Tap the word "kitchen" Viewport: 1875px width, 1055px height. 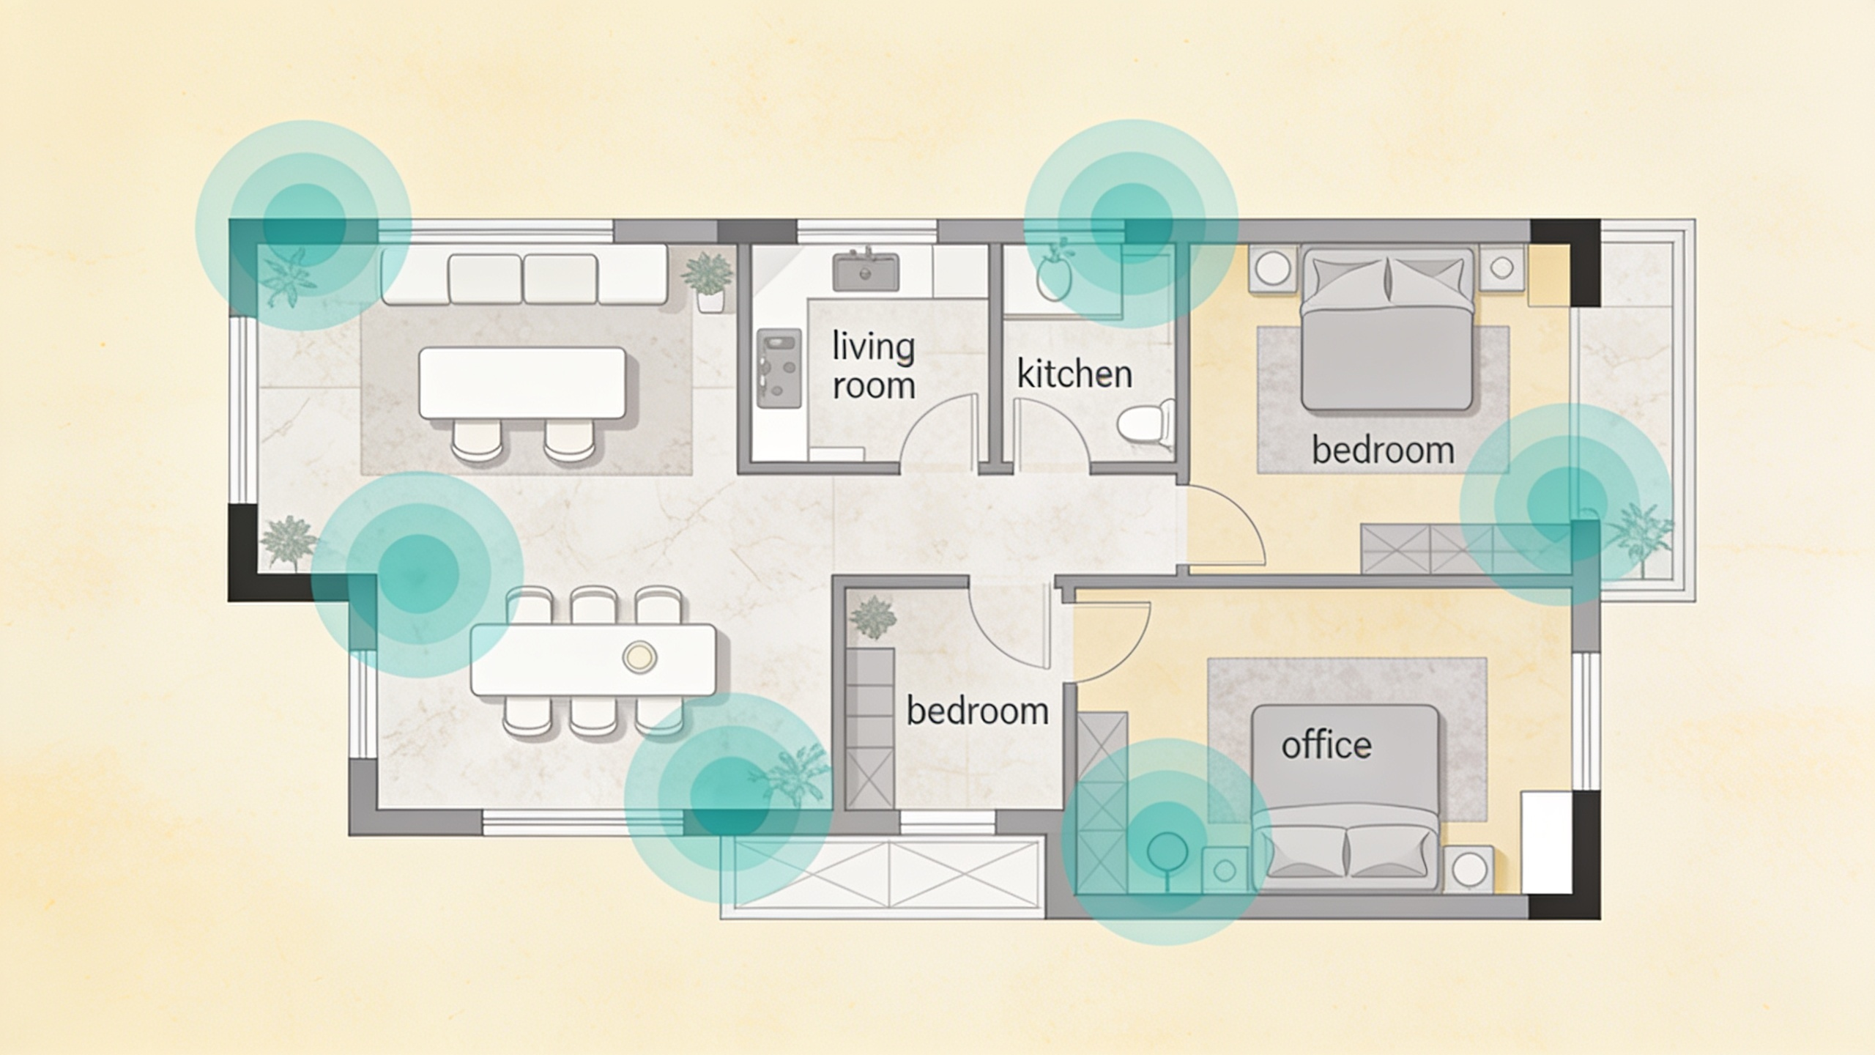click(1074, 374)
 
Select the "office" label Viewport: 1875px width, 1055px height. click(1326, 745)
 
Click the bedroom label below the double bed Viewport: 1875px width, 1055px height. click(1383, 450)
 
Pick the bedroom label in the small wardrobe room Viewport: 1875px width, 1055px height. click(978, 711)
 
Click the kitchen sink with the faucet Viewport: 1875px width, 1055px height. click(866, 271)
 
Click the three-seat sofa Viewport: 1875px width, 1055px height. click(524, 275)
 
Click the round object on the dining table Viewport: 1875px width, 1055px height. click(639, 656)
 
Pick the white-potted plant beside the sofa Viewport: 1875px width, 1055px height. click(708, 283)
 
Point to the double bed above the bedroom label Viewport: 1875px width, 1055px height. click(1386, 330)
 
